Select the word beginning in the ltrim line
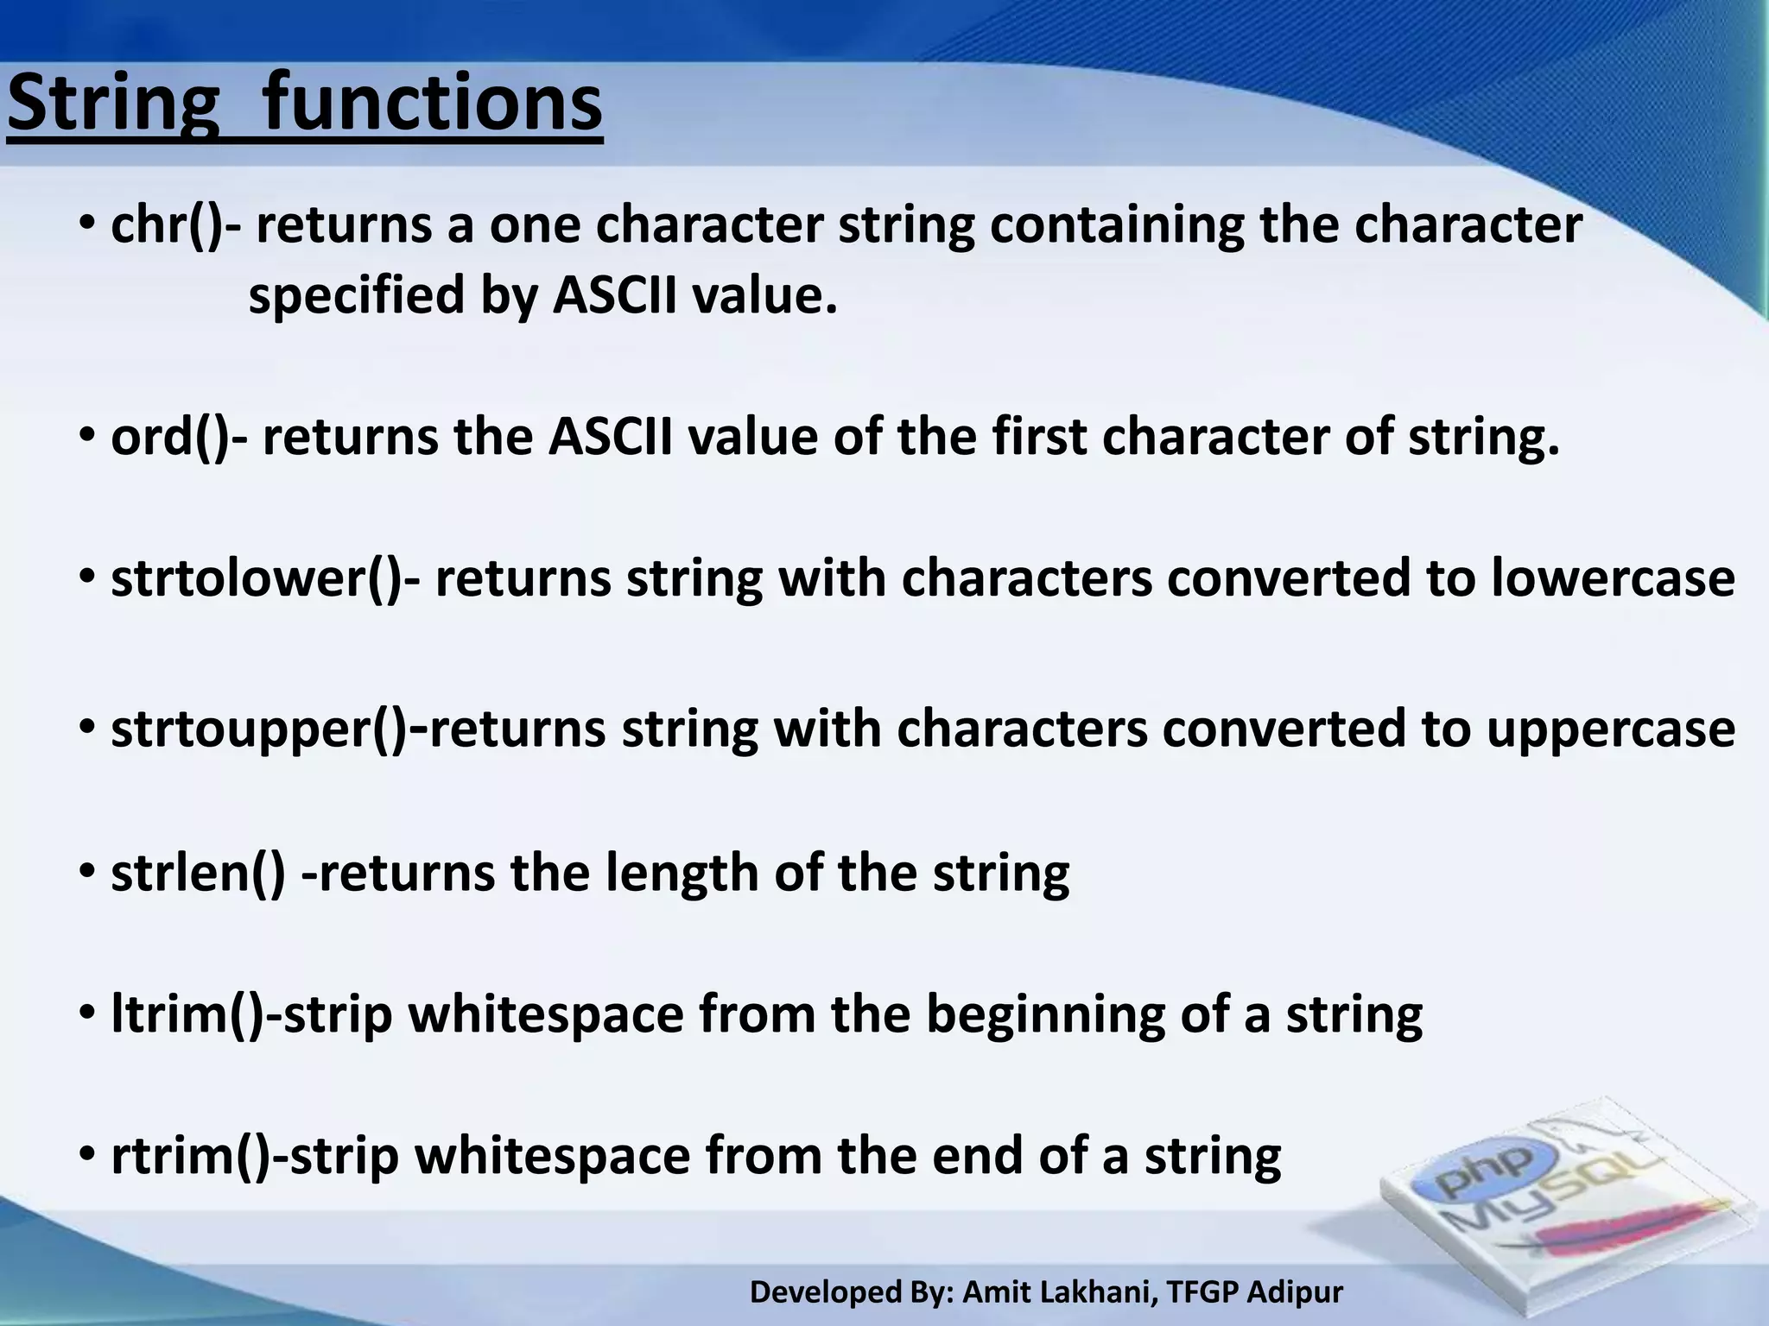point(1045,1016)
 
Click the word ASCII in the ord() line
point(610,437)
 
